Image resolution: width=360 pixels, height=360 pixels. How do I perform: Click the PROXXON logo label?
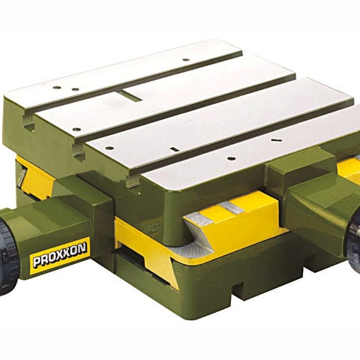(x=60, y=256)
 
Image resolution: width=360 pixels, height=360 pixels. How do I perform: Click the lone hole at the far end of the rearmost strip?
(x=185, y=59)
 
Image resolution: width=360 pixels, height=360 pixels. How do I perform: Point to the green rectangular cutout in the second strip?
(x=130, y=96)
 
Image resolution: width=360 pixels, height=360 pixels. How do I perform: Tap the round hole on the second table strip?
(x=76, y=130)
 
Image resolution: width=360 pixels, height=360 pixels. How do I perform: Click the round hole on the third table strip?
(x=109, y=148)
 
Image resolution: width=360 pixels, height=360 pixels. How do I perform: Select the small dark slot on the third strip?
(x=174, y=149)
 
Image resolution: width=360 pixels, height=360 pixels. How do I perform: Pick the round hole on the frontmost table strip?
(x=230, y=158)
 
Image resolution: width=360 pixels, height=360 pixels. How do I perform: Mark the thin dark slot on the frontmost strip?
(x=275, y=140)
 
